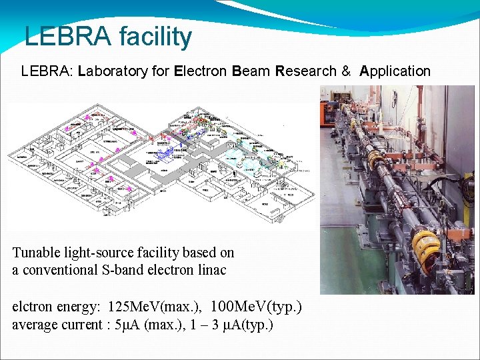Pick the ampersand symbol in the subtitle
click(x=346, y=71)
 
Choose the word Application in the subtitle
click(x=395, y=71)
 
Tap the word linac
click(x=211, y=270)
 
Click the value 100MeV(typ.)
click(x=256, y=307)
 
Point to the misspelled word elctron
click(x=33, y=307)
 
